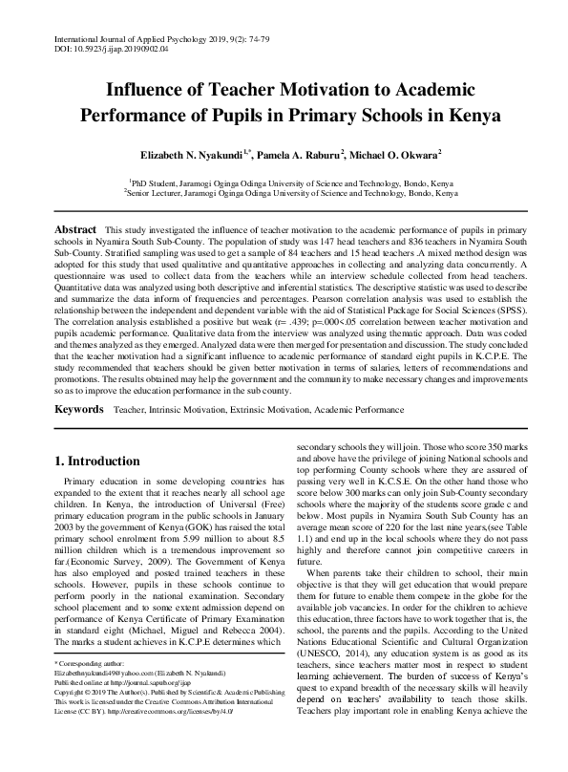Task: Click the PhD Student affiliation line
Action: (284, 181)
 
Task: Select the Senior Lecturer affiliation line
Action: (284, 191)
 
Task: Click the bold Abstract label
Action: (75, 230)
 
